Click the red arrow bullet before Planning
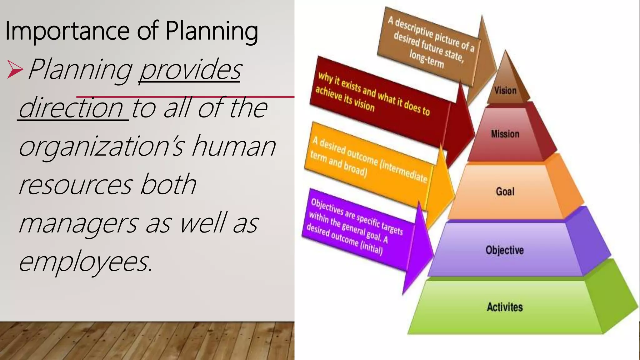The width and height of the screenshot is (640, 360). coord(15,69)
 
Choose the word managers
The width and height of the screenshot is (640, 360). coord(78,224)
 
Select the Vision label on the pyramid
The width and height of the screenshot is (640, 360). coord(505,91)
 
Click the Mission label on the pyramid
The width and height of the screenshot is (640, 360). coord(505,134)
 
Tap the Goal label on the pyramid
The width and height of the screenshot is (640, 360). coord(505,191)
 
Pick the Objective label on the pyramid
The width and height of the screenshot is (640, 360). coord(504,250)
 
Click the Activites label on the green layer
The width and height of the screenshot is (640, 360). coord(504,307)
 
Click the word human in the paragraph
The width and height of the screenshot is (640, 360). coord(233,146)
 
